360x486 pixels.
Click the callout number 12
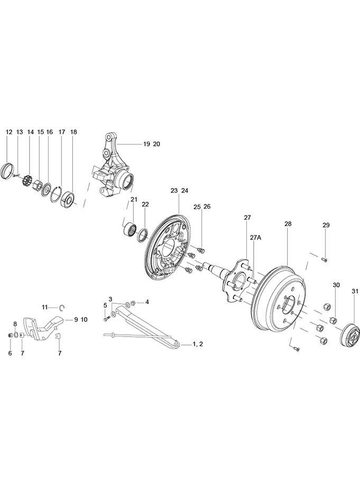tap(9, 132)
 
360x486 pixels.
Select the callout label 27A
tap(255, 238)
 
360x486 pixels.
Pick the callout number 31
tap(354, 291)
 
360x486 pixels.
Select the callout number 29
tap(326, 226)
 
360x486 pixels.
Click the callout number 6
tap(10, 353)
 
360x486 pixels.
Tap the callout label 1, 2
tap(198, 344)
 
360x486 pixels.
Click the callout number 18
tap(73, 132)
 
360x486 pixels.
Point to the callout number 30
tap(336, 285)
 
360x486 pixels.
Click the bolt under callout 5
tap(107, 317)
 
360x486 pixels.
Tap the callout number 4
tap(147, 302)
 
